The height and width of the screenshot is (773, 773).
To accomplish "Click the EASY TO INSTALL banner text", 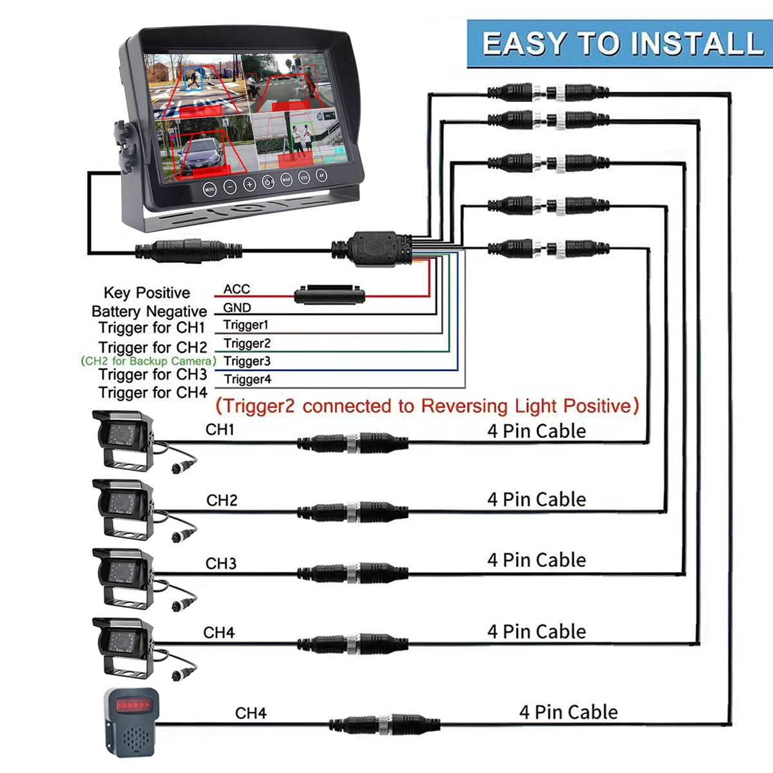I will click(x=622, y=44).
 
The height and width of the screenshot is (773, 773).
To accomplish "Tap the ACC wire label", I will click(x=236, y=289).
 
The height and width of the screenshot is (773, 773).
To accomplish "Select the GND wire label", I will click(x=236, y=307).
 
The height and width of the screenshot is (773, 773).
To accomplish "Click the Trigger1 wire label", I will click(x=245, y=325).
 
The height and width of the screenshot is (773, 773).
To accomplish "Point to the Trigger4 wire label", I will click(x=247, y=379).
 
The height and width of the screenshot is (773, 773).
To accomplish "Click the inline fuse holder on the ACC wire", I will click(x=329, y=295).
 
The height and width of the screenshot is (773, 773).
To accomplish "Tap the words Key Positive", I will click(x=147, y=293).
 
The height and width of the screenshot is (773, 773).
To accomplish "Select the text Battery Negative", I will click(x=149, y=312).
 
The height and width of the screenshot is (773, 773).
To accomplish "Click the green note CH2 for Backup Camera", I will click(x=148, y=361).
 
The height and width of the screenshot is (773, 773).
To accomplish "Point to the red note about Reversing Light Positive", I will click(x=426, y=406).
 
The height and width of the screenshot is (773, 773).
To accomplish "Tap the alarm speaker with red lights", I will click(x=131, y=721).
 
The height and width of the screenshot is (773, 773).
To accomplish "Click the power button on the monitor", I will click(x=268, y=182).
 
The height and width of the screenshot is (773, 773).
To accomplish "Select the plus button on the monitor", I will click(x=249, y=186).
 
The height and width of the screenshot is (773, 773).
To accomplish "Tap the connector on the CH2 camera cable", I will click(x=352, y=513).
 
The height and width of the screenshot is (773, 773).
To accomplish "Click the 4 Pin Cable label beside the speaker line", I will click(x=568, y=712).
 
